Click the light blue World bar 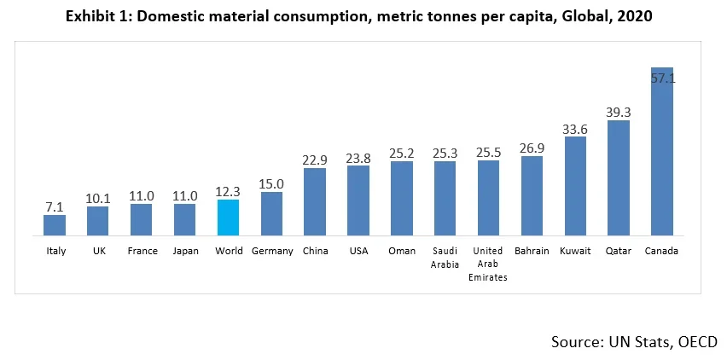[228, 218]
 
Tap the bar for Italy [55, 225]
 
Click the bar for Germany [271, 213]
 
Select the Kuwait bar [575, 186]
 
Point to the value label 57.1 [662, 78]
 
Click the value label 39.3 [619, 111]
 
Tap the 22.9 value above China [315, 160]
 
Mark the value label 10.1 [97, 197]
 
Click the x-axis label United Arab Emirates [488, 264]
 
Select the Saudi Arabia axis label [445, 258]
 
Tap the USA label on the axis [358, 252]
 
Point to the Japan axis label [184, 252]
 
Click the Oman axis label [402, 252]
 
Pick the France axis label [141, 252]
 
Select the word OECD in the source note [695, 342]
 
